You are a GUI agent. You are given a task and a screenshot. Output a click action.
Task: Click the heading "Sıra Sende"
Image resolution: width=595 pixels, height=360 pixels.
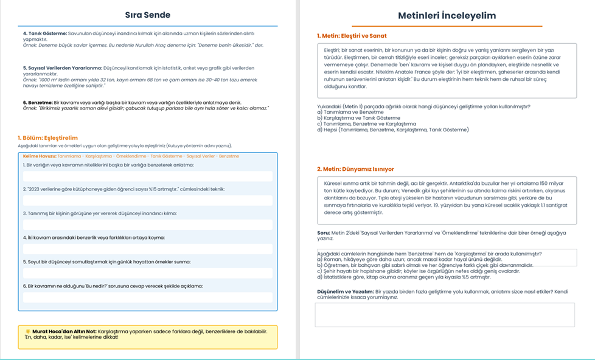pos(147,15)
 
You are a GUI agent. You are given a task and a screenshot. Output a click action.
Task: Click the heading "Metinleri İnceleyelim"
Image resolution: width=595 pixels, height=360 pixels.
pos(447,15)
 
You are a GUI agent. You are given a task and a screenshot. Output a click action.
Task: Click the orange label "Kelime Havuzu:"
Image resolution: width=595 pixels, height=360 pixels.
pos(35,156)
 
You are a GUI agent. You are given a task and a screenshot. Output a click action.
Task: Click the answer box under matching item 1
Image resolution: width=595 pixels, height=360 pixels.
pos(148,176)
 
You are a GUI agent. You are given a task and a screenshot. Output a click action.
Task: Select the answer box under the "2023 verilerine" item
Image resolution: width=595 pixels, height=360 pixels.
pos(148,200)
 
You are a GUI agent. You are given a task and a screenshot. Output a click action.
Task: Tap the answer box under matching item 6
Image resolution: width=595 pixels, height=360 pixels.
pos(148,297)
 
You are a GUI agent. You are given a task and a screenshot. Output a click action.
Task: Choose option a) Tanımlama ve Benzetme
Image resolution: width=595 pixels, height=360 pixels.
pos(350,112)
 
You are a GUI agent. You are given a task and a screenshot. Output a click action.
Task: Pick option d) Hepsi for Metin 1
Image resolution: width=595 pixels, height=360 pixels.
pos(393,130)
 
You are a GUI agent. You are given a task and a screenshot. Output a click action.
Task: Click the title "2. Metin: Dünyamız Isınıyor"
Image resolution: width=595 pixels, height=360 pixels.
pos(355,168)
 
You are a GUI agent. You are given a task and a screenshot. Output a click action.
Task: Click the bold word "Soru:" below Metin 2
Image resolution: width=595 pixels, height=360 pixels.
pos(324,232)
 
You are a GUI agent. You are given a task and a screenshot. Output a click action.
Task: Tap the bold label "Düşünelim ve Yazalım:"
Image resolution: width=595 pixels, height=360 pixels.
pos(344,292)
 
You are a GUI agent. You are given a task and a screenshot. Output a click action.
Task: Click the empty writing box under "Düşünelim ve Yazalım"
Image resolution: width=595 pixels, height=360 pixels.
pos(444,315)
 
